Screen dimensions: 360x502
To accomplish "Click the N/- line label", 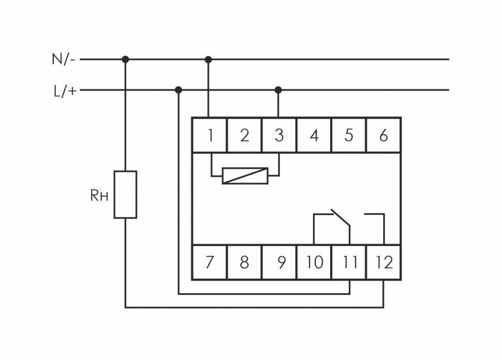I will coord(64,59).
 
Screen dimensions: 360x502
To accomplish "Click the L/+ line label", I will coord(65,91).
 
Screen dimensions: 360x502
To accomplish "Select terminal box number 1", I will coord(210,135).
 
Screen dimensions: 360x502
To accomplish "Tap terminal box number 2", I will coord(244,135).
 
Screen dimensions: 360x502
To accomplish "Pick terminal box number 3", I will coord(279,135).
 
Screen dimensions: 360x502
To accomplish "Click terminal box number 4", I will coord(314,135).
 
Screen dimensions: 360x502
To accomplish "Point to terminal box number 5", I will coord(348,135).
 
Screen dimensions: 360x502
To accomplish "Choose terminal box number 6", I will coord(383,135).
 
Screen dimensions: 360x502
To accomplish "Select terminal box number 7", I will coord(210,262).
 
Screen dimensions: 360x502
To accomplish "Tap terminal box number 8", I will coord(244,262).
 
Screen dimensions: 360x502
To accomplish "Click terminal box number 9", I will coord(279,262).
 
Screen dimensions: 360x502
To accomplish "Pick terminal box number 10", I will coord(314,262).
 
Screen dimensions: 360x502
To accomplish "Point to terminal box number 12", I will coord(383,262).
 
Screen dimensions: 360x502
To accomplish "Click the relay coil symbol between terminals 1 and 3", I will coord(245,176).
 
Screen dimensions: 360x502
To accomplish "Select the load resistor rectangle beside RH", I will coord(125,194).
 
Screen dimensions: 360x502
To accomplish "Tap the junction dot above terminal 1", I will coord(209,60).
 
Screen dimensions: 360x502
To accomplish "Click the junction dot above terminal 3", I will coord(278,90).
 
